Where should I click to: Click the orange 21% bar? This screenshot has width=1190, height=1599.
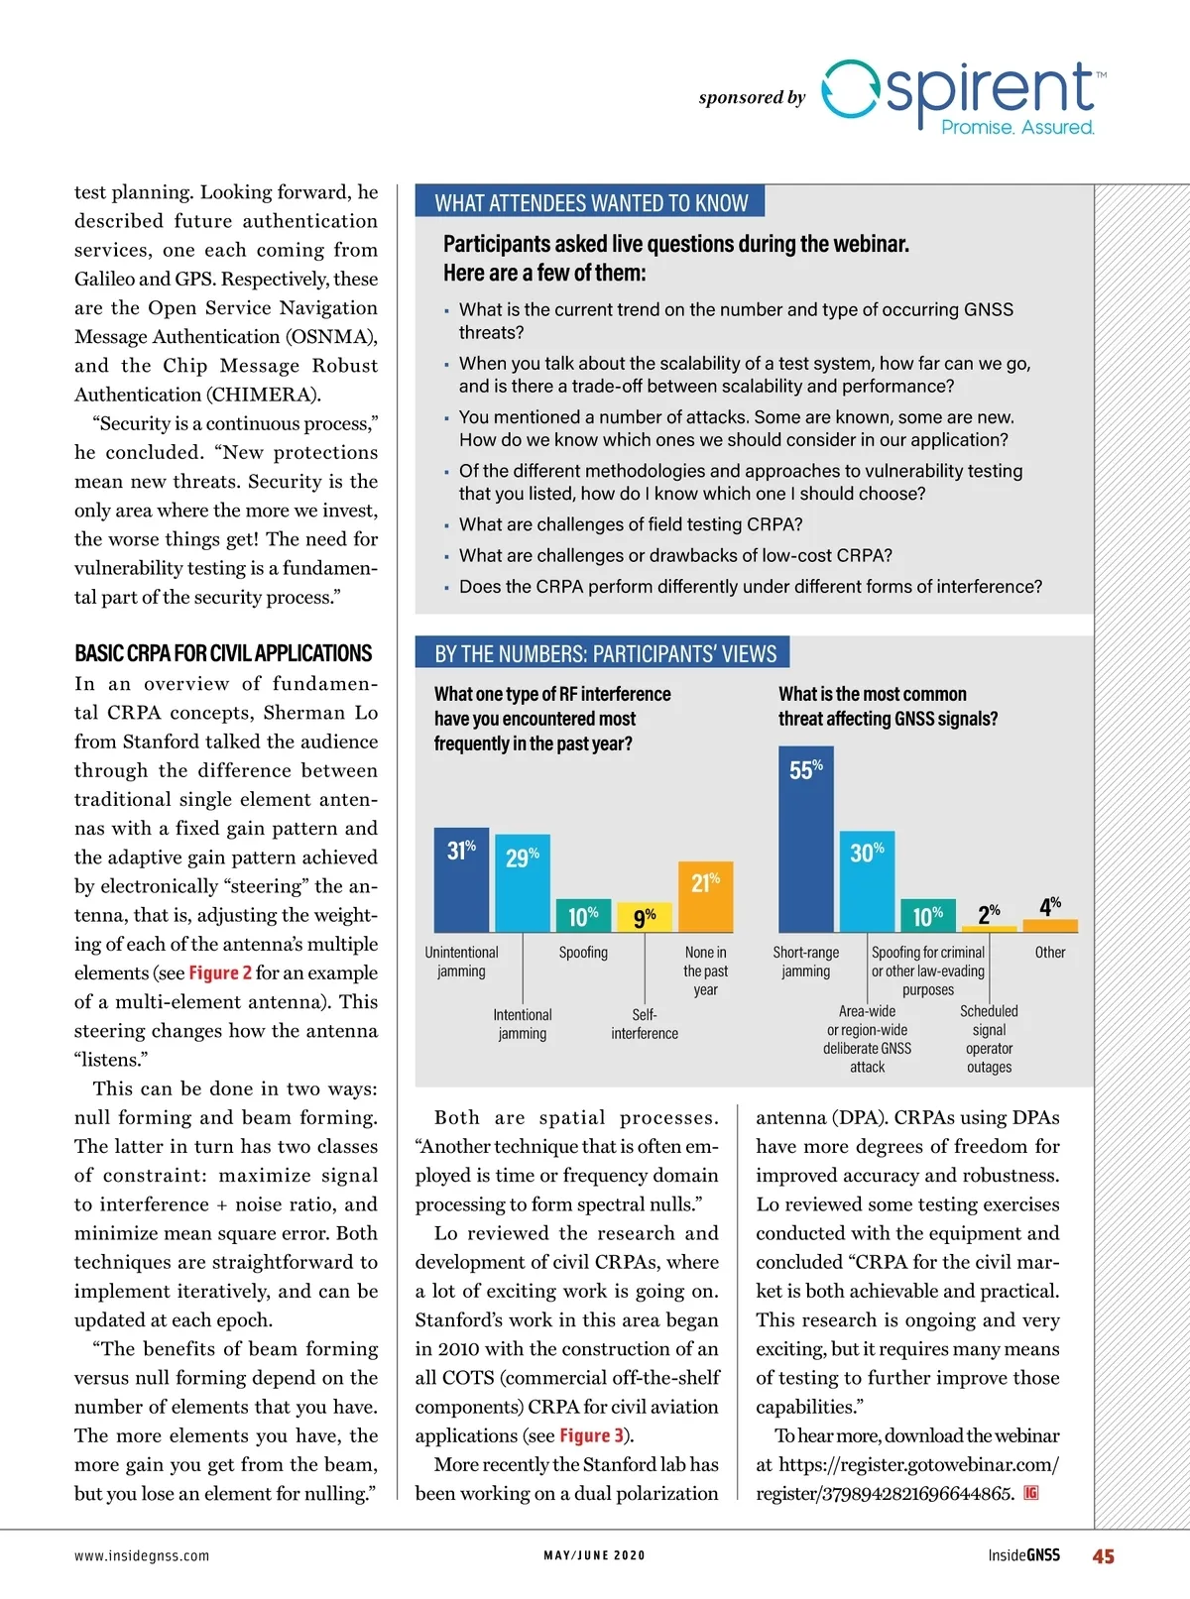[705, 897]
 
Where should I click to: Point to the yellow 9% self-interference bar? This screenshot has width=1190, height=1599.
[645, 917]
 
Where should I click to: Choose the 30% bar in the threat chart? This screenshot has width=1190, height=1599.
[867, 881]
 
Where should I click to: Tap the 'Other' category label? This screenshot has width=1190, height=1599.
[1049, 952]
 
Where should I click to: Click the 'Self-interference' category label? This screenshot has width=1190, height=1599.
[645, 1023]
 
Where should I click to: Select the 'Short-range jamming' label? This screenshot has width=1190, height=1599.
[805, 962]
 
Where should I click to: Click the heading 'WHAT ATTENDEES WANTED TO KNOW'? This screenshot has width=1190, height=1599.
[591, 203]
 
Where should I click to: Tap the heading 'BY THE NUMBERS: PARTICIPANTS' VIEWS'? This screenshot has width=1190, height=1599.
[605, 653]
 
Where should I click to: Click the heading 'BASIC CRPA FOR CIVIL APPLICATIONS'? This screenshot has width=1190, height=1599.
[223, 653]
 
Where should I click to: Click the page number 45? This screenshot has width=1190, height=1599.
[1103, 1556]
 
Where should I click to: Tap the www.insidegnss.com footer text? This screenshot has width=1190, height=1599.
[142, 1555]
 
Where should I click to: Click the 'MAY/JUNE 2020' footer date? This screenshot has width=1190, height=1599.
[594, 1555]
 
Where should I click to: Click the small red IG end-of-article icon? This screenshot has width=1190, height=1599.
[1031, 1493]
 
